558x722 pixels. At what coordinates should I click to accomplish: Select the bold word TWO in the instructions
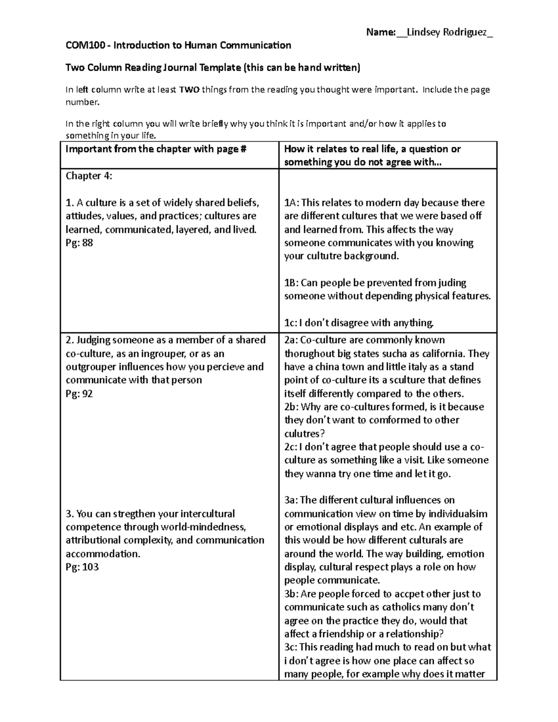point(189,90)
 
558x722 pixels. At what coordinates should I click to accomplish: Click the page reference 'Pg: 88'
point(79,243)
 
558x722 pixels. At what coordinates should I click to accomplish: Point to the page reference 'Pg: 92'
point(79,393)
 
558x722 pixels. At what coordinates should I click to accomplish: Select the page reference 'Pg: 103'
point(82,567)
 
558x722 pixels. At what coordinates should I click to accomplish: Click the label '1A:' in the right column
point(292,203)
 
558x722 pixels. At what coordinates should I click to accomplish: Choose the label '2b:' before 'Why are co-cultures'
point(292,407)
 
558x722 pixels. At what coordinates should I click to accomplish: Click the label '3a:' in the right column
point(292,500)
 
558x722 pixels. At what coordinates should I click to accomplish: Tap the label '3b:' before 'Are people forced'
point(292,594)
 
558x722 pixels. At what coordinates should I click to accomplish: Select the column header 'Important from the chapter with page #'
point(156,149)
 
